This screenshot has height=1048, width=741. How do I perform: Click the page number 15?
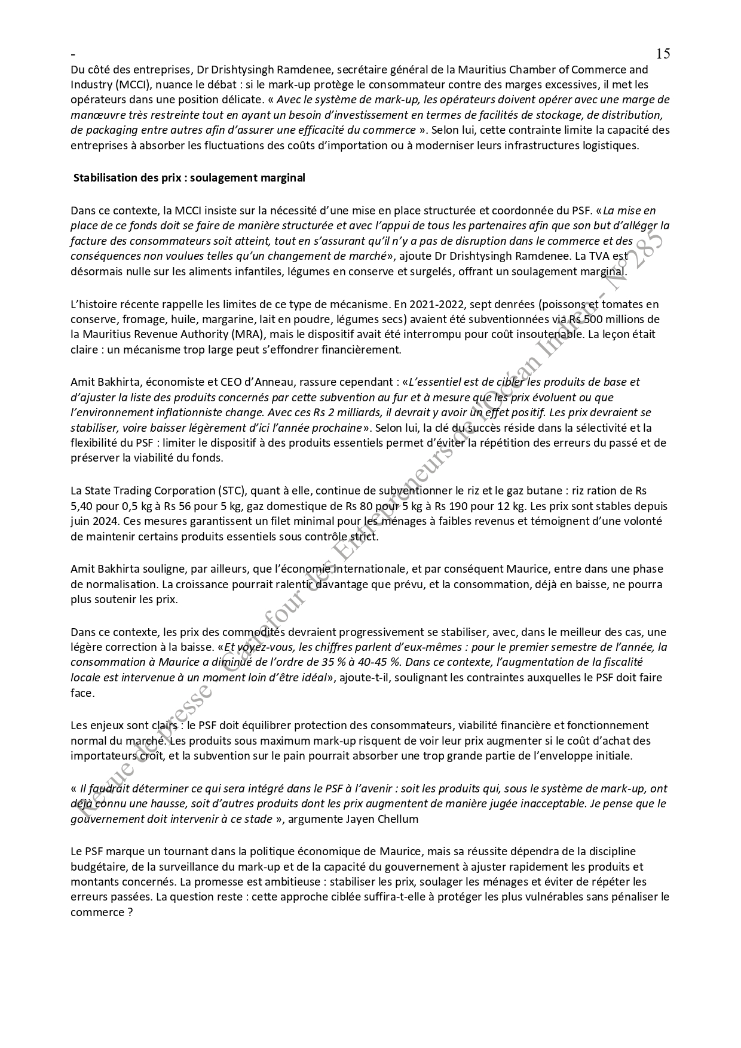pos(663,54)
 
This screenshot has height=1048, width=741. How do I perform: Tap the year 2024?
pos(102,521)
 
